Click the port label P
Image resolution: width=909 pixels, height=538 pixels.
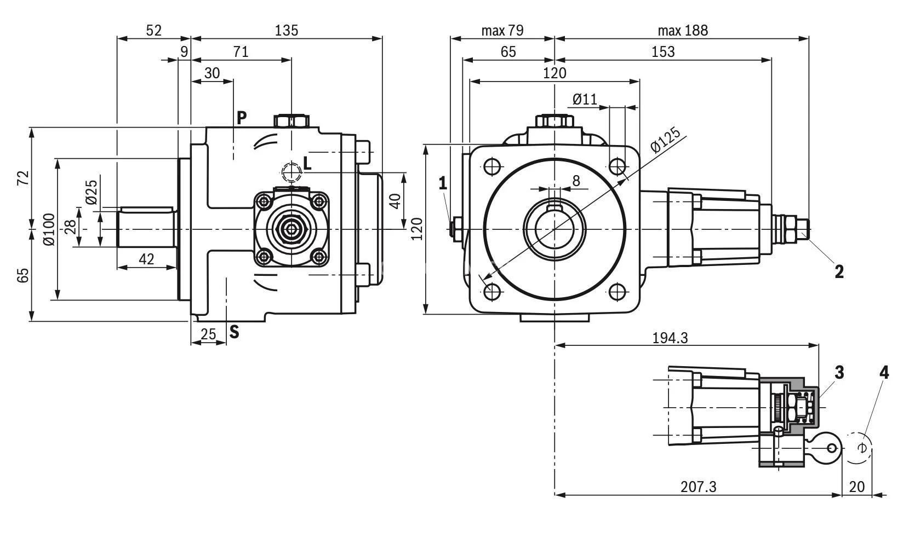[x=242, y=117]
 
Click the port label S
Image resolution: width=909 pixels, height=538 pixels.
[x=234, y=331]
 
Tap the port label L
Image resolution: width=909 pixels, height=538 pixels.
[x=307, y=163]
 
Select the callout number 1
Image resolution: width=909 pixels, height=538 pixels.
[x=443, y=183]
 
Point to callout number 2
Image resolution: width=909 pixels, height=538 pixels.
[x=839, y=271]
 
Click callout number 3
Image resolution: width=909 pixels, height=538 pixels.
[x=839, y=373]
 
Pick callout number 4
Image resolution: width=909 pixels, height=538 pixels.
[x=883, y=373]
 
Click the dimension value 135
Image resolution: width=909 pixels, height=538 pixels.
[x=287, y=30]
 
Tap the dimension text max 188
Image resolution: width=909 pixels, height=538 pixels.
[x=682, y=30]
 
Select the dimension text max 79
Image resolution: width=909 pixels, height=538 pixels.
[x=502, y=30]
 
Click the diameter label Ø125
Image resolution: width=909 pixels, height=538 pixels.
[x=665, y=140]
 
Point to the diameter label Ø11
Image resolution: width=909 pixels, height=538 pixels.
[x=585, y=99]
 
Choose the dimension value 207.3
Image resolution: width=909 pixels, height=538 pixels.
[x=698, y=486]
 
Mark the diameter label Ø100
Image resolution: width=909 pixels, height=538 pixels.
[x=49, y=229]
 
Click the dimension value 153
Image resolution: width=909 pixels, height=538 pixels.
[x=663, y=51]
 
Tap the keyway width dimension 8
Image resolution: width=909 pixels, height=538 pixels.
[x=576, y=180]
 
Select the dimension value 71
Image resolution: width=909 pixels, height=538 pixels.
[x=241, y=51]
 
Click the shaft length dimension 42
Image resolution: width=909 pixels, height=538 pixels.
[x=146, y=259]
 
